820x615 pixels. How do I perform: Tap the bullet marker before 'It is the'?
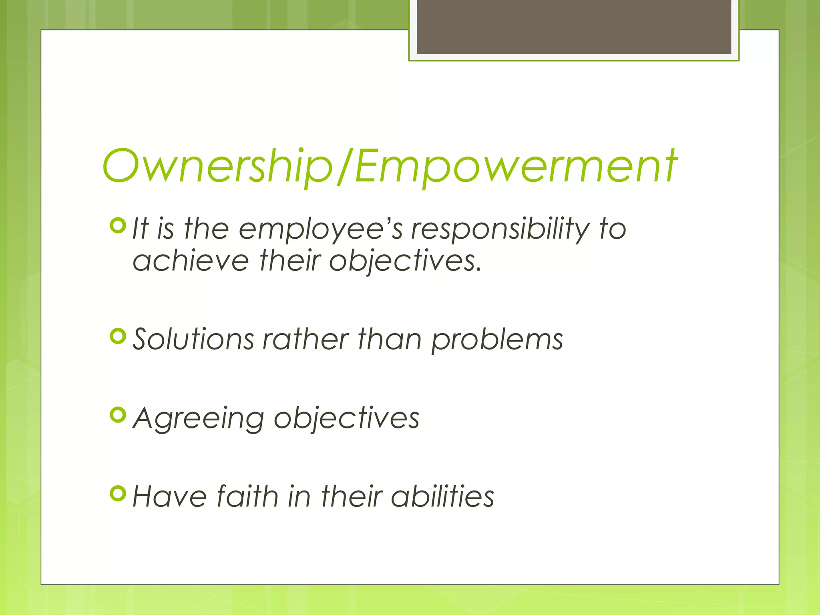click(118, 226)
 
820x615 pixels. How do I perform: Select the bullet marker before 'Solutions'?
click(118, 336)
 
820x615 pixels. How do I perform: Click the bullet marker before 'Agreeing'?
click(118, 415)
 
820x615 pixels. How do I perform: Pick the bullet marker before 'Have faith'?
click(118, 494)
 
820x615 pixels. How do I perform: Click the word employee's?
click(320, 230)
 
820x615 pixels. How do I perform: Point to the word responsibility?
click(500, 230)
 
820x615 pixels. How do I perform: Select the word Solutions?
click(193, 340)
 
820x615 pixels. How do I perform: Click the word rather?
click(305, 340)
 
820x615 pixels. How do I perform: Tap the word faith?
click(247, 496)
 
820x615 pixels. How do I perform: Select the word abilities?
click(442, 496)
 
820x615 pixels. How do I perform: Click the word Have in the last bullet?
click(170, 496)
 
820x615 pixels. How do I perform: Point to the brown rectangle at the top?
click(574, 26)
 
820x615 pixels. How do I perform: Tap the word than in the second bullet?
click(389, 340)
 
